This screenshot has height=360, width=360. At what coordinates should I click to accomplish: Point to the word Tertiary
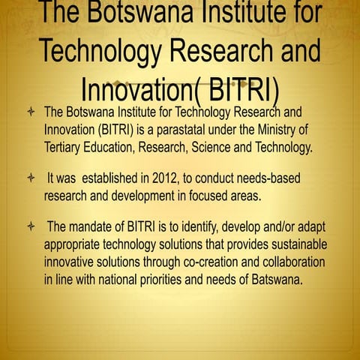tap(66, 146)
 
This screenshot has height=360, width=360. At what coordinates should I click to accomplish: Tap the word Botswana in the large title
tap(139, 15)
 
